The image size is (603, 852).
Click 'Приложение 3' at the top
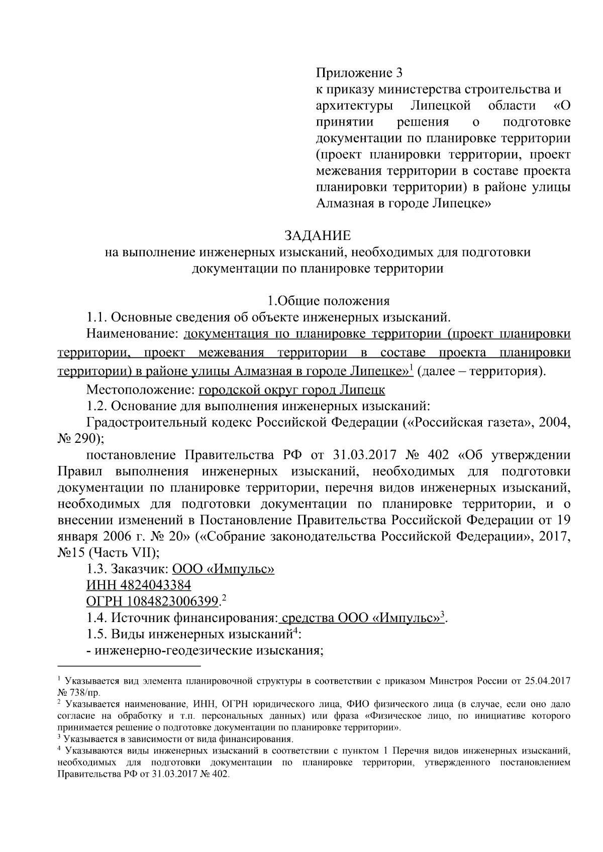coord(359,74)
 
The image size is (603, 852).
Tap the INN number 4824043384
coord(154,585)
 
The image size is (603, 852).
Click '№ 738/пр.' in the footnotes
coord(79,692)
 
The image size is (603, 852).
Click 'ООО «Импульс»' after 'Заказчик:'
coord(223,569)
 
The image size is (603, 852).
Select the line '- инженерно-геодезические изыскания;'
coord(205,651)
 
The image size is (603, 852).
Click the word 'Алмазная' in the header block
coord(340,204)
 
